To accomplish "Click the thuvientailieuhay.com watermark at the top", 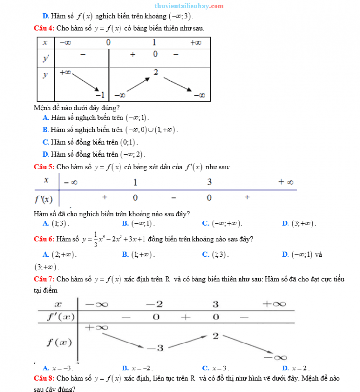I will coord(189,6).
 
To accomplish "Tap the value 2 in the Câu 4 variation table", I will coord(156,73).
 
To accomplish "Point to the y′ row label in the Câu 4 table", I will coord(46,58).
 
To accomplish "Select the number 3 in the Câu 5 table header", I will coord(209,182).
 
